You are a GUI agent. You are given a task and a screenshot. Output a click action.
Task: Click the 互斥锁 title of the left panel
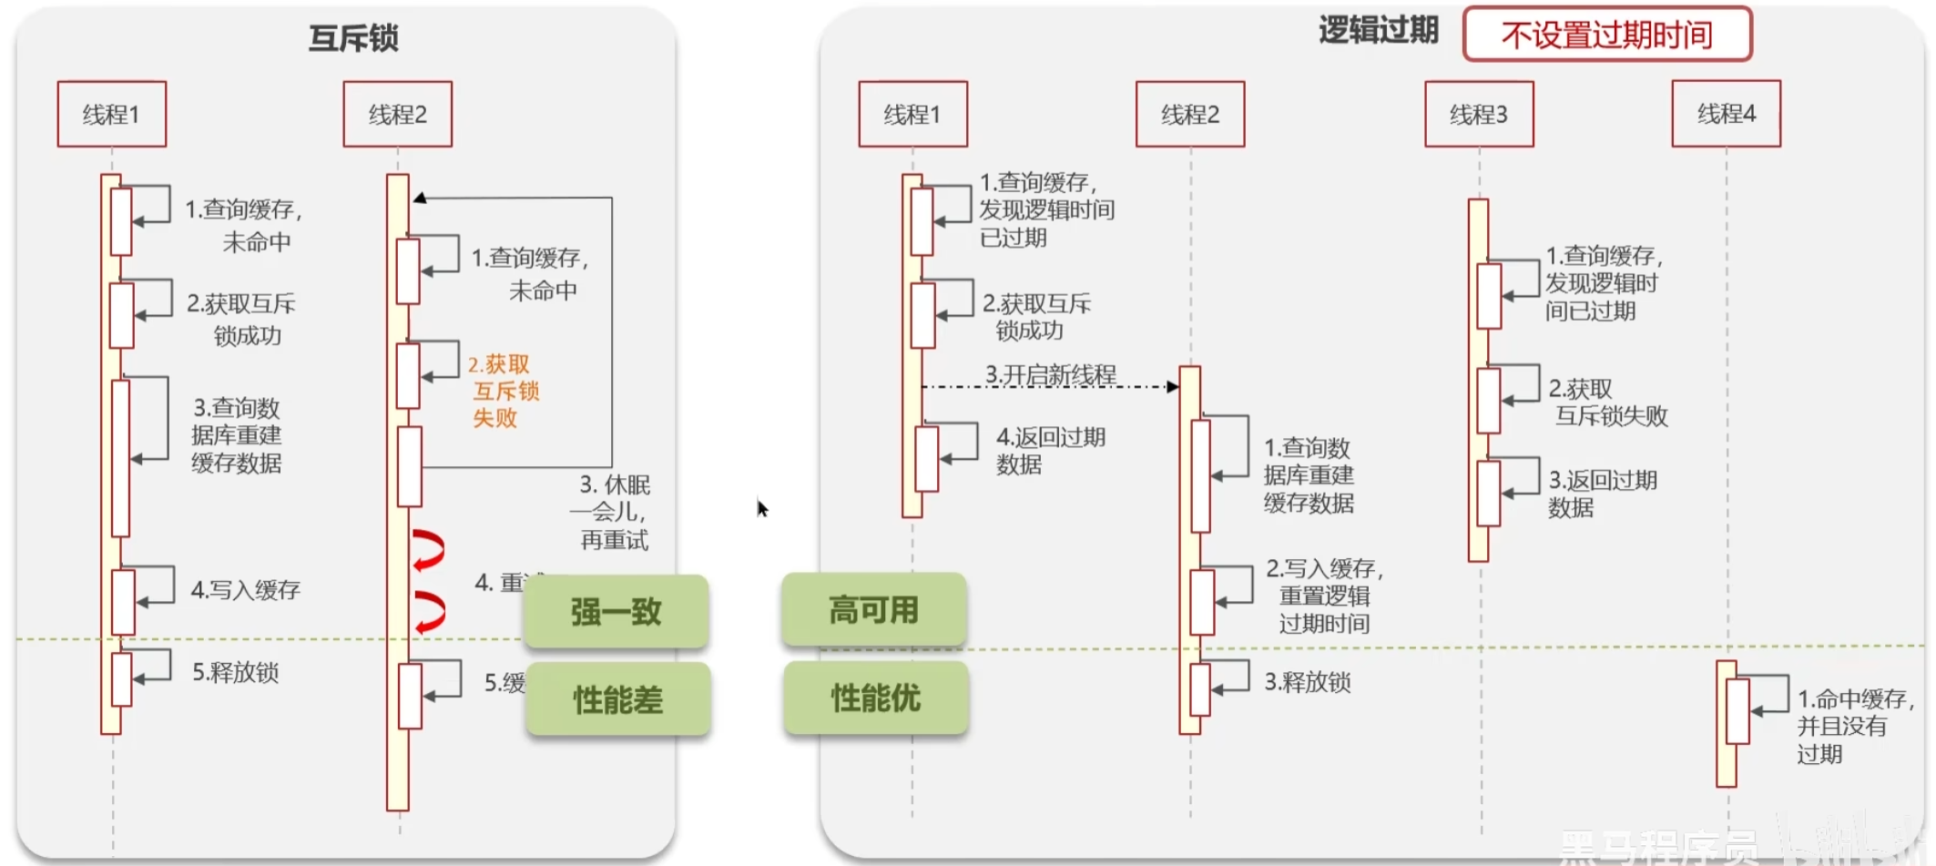353,38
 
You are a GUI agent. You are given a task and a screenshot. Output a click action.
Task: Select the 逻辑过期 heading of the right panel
1378,31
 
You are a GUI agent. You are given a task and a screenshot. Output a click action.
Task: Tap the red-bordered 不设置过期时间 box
1607,35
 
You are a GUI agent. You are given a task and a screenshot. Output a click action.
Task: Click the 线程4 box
1726,114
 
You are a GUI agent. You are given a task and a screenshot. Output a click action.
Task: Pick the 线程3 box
1479,115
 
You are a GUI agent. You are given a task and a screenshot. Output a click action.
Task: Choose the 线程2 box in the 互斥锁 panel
397,115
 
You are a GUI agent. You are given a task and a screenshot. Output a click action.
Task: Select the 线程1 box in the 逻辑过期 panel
912,115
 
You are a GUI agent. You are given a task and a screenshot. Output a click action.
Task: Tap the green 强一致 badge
616,611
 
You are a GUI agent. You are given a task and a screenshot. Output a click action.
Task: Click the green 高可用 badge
873,609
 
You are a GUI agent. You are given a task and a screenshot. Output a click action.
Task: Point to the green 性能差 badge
618,699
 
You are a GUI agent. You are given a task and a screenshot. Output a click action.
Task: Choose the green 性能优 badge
875,698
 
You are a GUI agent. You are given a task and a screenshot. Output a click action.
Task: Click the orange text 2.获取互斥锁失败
503,392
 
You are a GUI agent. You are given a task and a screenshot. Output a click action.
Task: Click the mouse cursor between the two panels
762,508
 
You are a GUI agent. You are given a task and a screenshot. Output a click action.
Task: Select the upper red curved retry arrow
429,550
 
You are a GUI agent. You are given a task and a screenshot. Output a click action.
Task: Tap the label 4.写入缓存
245,590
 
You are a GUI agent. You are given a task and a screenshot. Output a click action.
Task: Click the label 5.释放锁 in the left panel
235,672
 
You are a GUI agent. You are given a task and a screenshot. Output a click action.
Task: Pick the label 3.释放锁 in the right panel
1307,682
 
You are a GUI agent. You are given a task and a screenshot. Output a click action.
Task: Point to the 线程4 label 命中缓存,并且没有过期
1853,726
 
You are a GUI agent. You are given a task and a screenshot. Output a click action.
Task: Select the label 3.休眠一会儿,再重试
613,512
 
